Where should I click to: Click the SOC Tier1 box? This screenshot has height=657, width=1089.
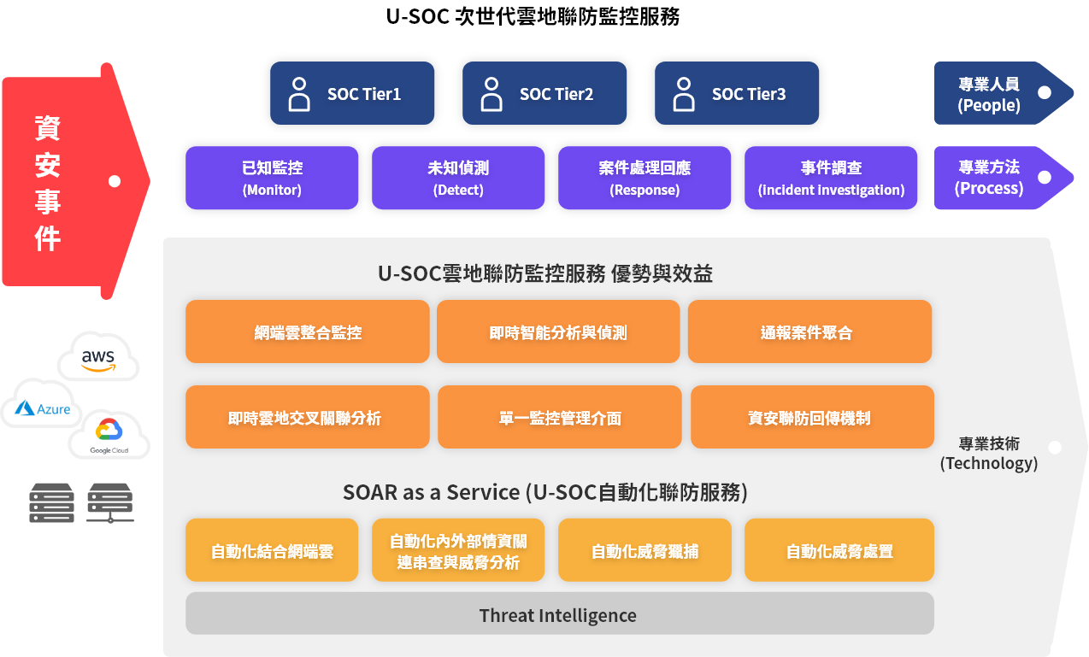[x=352, y=93]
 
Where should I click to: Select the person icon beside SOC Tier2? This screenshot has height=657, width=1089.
[x=491, y=94]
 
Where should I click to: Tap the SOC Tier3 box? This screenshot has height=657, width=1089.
[x=737, y=93]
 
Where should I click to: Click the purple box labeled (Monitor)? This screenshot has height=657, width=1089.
[x=272, y=178]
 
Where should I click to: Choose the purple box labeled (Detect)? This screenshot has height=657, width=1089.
[x=458, y=178]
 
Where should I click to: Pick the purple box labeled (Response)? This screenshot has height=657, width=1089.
[x=645, y=178]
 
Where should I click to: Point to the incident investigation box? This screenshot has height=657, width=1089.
[x=831, y=178]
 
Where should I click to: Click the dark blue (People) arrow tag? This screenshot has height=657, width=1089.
[x=1004, y=93]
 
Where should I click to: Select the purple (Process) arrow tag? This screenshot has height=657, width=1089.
[x=1004, y=178]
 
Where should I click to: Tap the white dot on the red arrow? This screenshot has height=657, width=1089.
[x=115, y=181]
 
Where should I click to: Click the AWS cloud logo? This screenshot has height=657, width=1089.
[x=98, y=356]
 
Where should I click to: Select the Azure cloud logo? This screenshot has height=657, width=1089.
[x=42, y=404]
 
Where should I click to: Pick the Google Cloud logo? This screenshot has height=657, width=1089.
[x=109, y=436]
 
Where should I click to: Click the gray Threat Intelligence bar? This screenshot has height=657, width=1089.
[x=560, y=613]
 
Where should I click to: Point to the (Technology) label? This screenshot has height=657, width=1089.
[x=989, y=463]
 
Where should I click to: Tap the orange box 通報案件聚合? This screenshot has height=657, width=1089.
[x=809, y=331]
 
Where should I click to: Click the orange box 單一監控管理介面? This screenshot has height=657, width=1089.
[x=560, y=417]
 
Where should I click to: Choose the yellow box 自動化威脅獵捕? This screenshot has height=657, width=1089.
[x=645, y=550]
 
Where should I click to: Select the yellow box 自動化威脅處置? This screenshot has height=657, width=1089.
[x=839, y=550]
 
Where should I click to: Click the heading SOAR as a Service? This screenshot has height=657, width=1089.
[x=431, y=492]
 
